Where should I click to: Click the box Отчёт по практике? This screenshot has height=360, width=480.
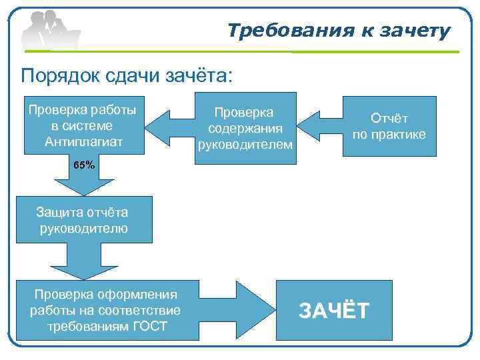click(x=389, y=126)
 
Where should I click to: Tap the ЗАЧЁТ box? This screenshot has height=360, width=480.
click(x=333, y=310)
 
